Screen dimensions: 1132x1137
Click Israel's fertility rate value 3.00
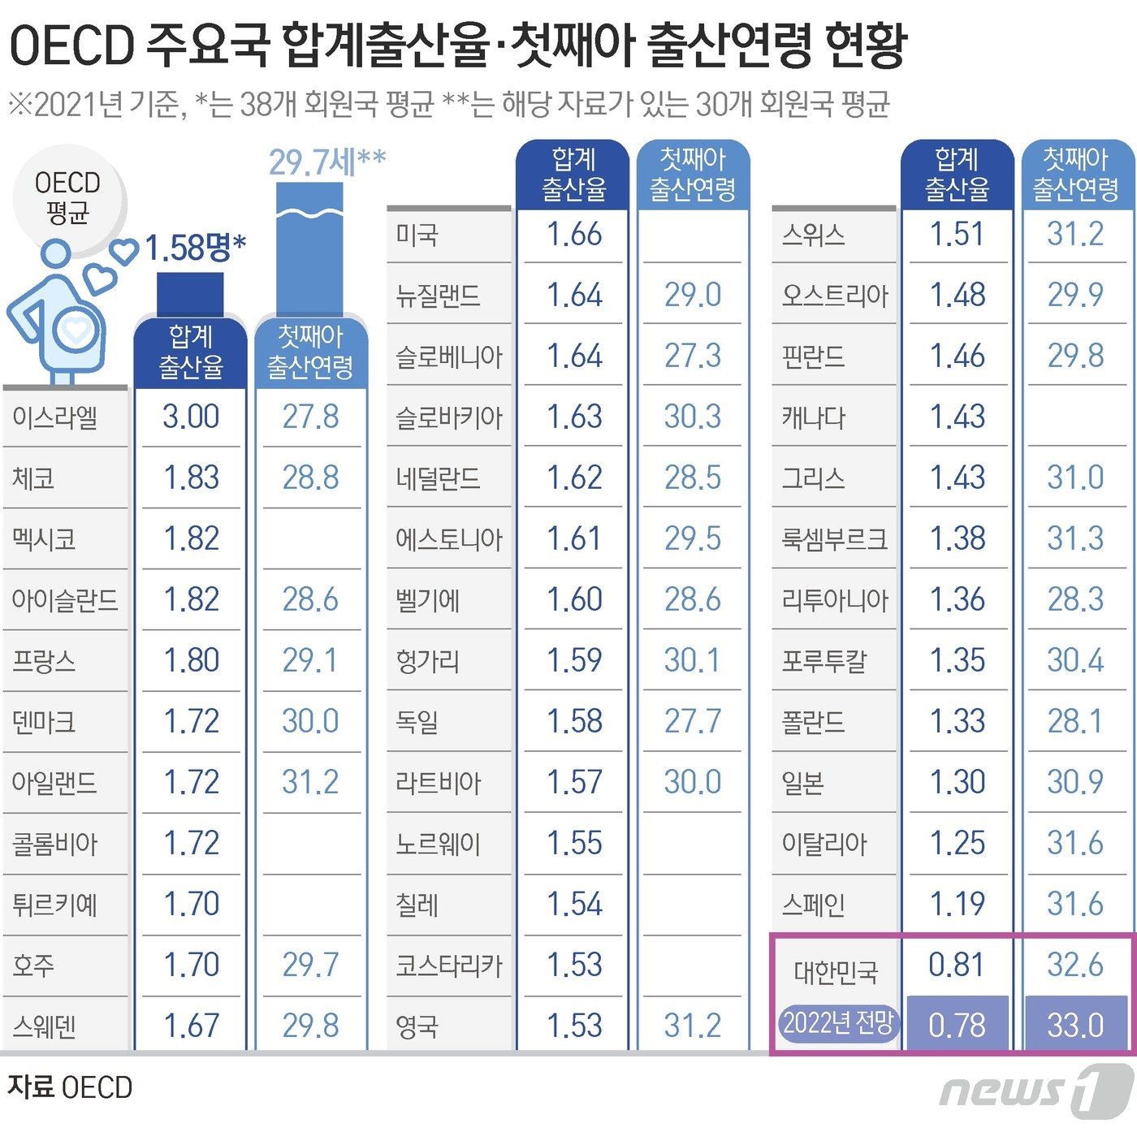[x=191, y=417]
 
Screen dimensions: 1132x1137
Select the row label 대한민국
[x=836, y=971]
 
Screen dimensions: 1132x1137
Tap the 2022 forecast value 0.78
[x=957, y=1025]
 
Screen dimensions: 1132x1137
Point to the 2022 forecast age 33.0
[x=1075, y=1025]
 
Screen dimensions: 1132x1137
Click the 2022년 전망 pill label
[x=837, y=1023]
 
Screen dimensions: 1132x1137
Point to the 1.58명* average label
[x=195, y=248]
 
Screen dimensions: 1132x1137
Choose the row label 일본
[x=803, y=783]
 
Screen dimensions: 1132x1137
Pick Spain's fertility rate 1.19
[x=957, y=904]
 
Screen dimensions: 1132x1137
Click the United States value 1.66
[x=574, y=235]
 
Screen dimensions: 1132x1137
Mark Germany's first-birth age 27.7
[x=692, y=721]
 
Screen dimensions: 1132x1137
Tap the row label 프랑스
[x=44, y=661]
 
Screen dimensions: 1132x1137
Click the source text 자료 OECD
[x=70, y=1087]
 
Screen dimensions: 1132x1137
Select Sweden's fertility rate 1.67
[x=191, y=1026]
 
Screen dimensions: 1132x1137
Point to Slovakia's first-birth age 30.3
[x=692, y=417]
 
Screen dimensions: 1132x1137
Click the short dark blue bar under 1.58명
[x=190, y=294]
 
